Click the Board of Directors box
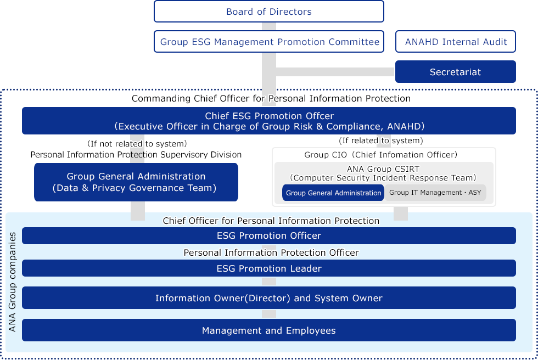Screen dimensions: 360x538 (x=268, y=12)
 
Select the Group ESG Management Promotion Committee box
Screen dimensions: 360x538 (x=269, y=42)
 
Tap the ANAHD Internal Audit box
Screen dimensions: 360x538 (x=456, y=42)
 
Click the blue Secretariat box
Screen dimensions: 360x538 (x=455, y=72)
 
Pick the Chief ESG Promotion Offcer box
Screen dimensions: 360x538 (x=268, y=121)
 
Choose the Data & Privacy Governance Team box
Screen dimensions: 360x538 (x=136, y=182)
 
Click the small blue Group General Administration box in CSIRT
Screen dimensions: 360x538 (x=333, y=193)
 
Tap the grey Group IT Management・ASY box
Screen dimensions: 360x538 (x=435, y=193)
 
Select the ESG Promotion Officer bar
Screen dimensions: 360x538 (x=268, y=235)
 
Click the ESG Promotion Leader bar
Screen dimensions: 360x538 (x=268, y=268)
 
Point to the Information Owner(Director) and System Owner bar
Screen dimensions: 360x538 (x=268, y=298)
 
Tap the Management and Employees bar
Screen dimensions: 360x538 (x=268, y=330)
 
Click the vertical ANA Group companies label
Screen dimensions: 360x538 (x=13, y=282)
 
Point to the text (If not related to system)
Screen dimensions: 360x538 (x=137, y=144)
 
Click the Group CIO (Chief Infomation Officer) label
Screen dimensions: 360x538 (x=380, y=155)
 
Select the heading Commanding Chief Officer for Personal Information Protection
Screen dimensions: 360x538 (x=271, y=99)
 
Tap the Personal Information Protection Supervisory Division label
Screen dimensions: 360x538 (x=136, y=155)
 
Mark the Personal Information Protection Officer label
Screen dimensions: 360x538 (x=271, y=252)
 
